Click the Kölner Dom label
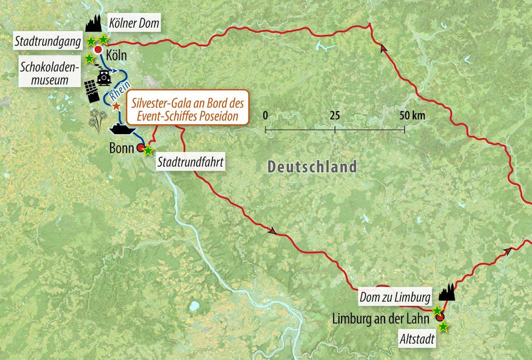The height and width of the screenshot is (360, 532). click(x=134, y=23)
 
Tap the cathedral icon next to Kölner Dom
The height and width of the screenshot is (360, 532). click(x=93, y=23)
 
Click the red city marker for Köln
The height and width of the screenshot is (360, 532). click(x=98, y=50)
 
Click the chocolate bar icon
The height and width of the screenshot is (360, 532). click(x=92, y=91)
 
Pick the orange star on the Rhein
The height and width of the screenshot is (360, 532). click(x=117, y=106)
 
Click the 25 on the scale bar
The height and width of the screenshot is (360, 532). click(x=335, y=115)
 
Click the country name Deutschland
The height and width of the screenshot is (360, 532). click(x=312, y=166)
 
